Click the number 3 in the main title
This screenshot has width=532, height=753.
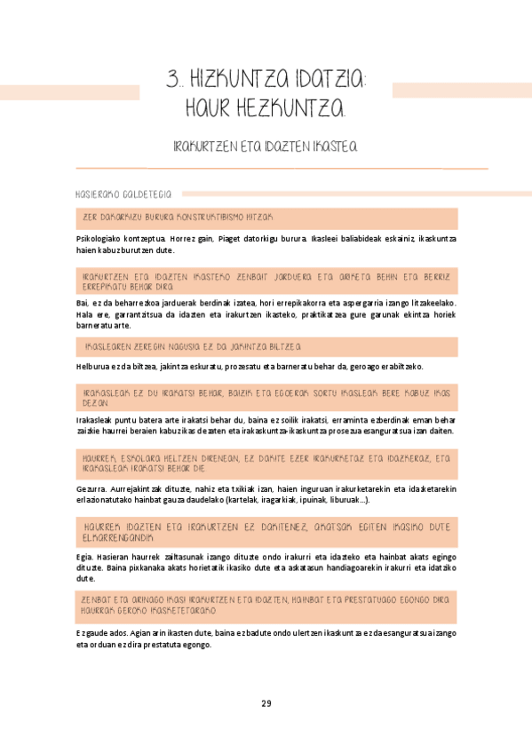click(172, 80)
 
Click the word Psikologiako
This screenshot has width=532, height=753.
click(100, 239)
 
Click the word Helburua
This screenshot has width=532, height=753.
click(93, 367)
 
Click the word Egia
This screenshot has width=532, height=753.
click(85, 558)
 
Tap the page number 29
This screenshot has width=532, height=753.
click(266, 703)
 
